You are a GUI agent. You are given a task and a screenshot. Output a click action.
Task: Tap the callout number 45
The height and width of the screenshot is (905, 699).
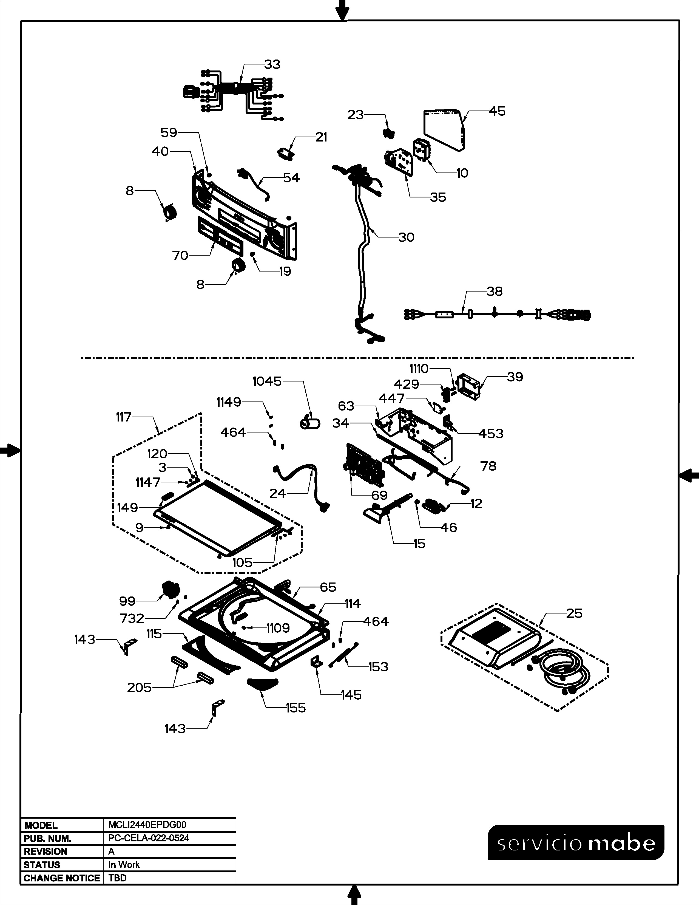click(x=497, y=111)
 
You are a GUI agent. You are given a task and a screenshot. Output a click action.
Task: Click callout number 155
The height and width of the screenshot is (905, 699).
click(x=296, y=708)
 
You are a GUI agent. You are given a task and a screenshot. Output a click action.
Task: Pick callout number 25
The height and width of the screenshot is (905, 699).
click(x=574, y=613)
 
